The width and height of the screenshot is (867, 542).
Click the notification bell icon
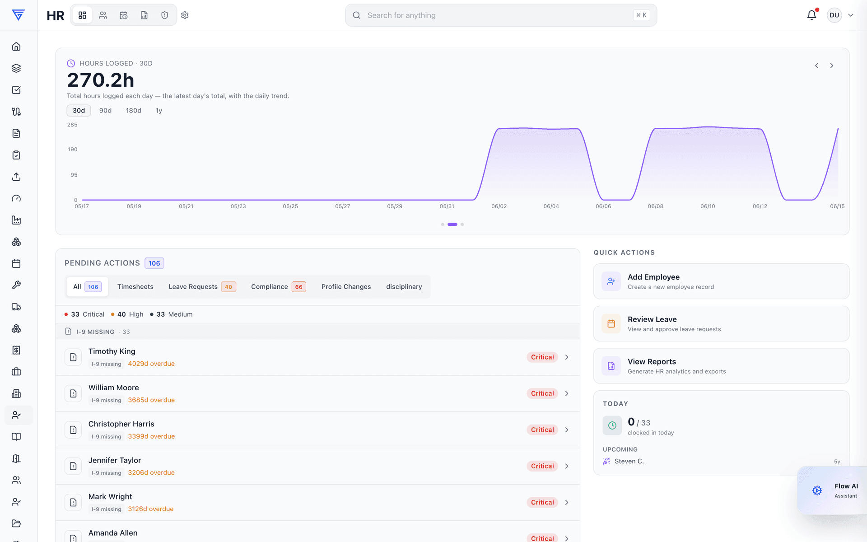click(x=811, y=15)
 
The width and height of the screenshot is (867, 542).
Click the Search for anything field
click(x=501, y=15)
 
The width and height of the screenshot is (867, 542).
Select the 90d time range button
click(x=105, y=111)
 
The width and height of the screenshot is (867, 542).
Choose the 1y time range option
click(x=158, y=111)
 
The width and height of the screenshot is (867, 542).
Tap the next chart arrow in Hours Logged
click(x=831, y=65)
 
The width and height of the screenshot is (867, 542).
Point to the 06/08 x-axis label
click(x=655, y=206)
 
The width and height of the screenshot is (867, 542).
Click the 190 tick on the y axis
click(x=72, y=150)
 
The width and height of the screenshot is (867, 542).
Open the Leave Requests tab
click(x=202, y=287)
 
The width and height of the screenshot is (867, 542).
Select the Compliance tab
click(x=278, y=287)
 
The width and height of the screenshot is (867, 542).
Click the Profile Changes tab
click(x=346, y=287)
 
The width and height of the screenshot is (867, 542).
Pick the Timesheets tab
click(x=135, y=287)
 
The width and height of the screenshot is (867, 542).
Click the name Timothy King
click(x=112, y=351)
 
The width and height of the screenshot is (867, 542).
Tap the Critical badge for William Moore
click(x=542, y=393)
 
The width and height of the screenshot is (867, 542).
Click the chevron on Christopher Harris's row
click(x=567, y=430)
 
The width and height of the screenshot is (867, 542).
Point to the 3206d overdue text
click(x=151, y=473)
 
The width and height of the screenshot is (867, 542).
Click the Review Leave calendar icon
click(x=611, y=323)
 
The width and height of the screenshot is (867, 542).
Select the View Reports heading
click(x=652, y=362)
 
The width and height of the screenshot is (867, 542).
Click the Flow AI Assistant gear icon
click(x=817, y=491)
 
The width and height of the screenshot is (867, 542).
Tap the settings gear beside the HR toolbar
click(x=185, y=15)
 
